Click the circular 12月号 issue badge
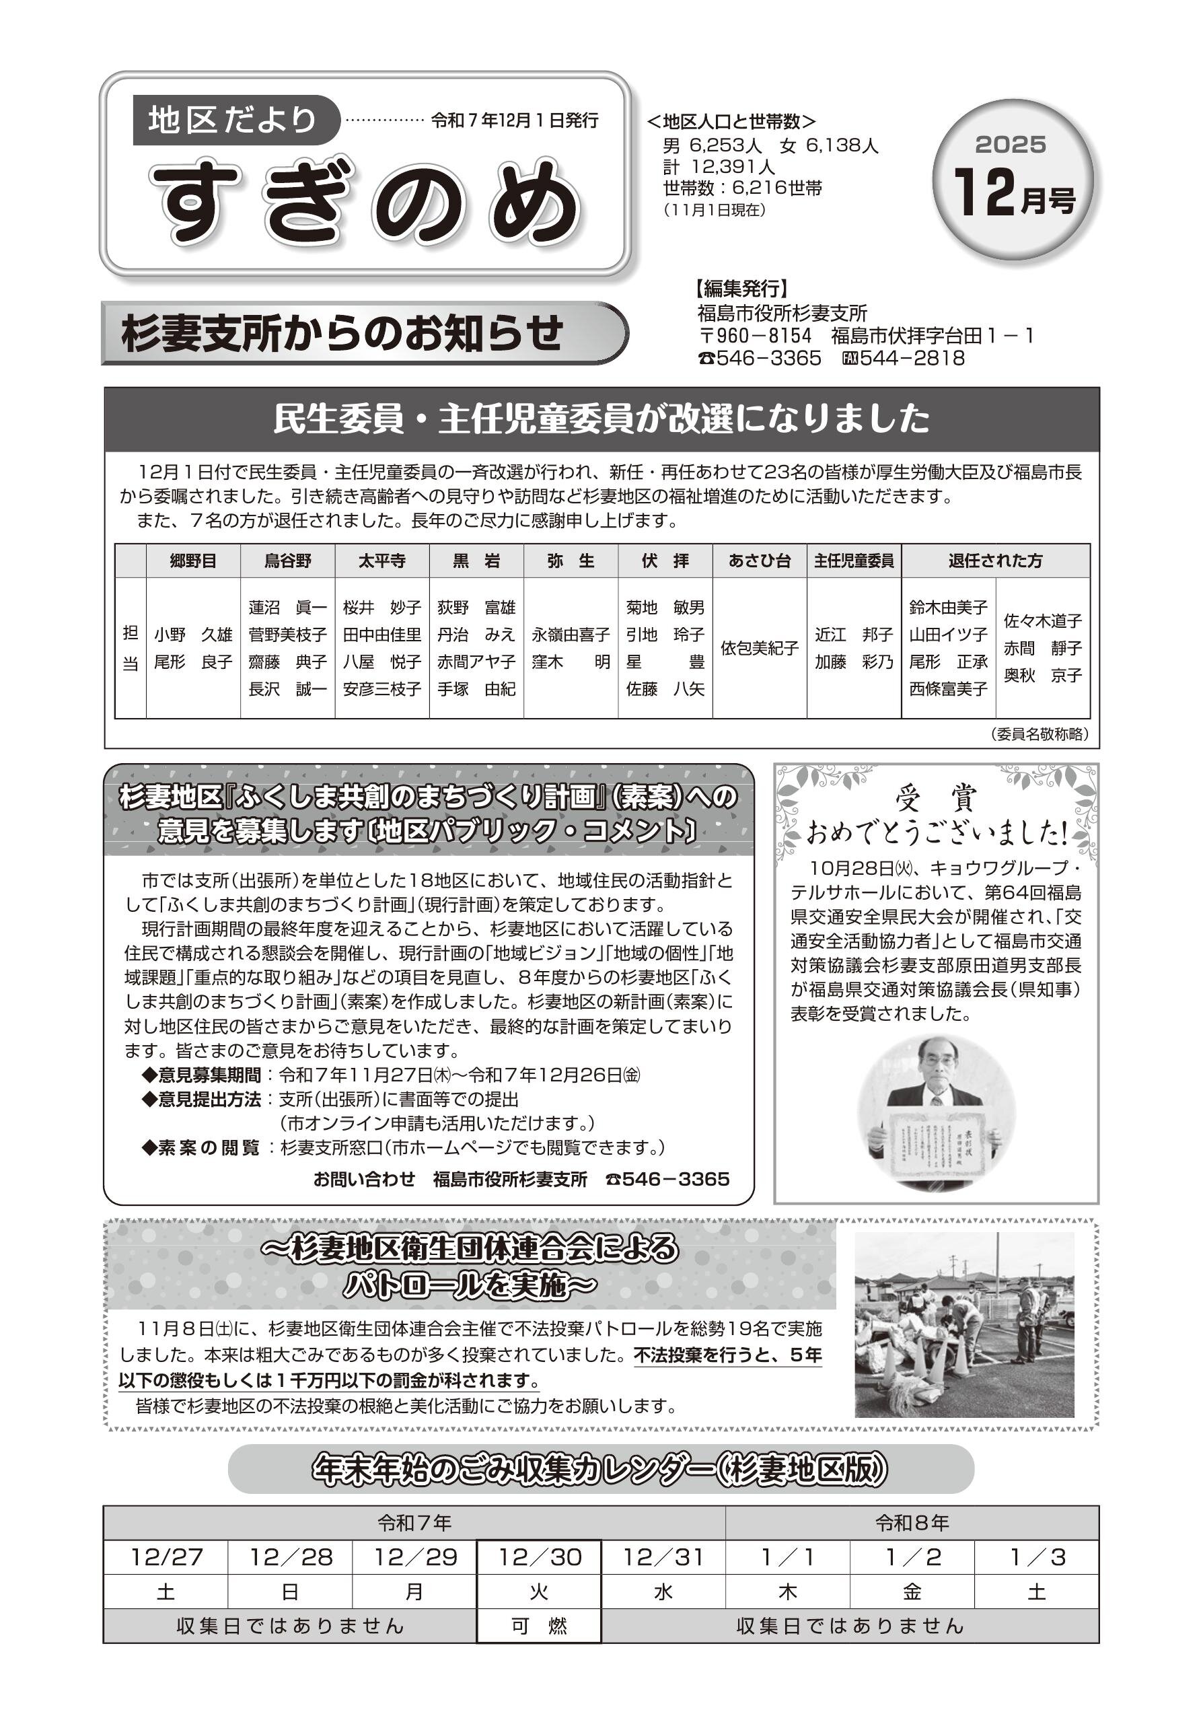1013,180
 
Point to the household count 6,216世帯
743,188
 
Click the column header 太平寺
381,561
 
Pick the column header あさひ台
760,561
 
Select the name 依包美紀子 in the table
760,648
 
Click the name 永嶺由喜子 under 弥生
571,635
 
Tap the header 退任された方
995,561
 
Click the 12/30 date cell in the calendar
540,1557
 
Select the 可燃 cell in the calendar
540,1625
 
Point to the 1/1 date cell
788,1557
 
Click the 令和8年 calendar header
912,1523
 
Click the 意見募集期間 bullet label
209,1075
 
